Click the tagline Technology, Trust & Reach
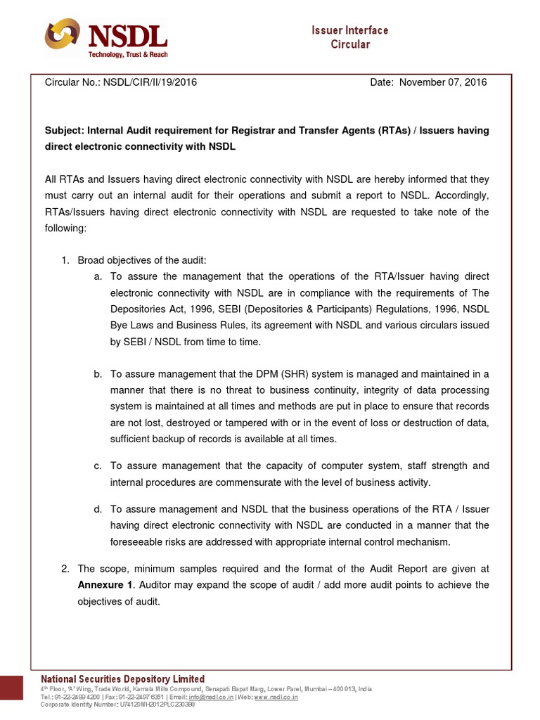(x=127, y=55)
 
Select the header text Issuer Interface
(x=349, y=30)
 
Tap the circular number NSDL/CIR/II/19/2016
(x=150, y=82)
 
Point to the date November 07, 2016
(x=443, y=82)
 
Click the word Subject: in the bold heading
(x=63, y=131)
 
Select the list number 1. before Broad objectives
(x=64, y=261)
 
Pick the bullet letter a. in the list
(x=98, y=277)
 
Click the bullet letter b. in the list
(x=98, y=374)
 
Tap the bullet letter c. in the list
(x=98, y=465)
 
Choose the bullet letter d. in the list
(x=98, y=509)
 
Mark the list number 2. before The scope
(x=64, y=569)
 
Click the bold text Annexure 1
(x=104, y=585)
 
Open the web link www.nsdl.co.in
(x=276, y=697)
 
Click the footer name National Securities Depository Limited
(x=123, y=679)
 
